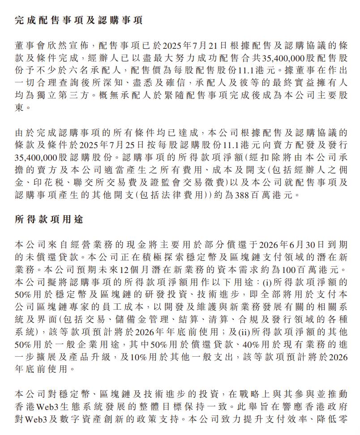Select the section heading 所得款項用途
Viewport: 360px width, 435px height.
pyautogui.click(x=49, y=220)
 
